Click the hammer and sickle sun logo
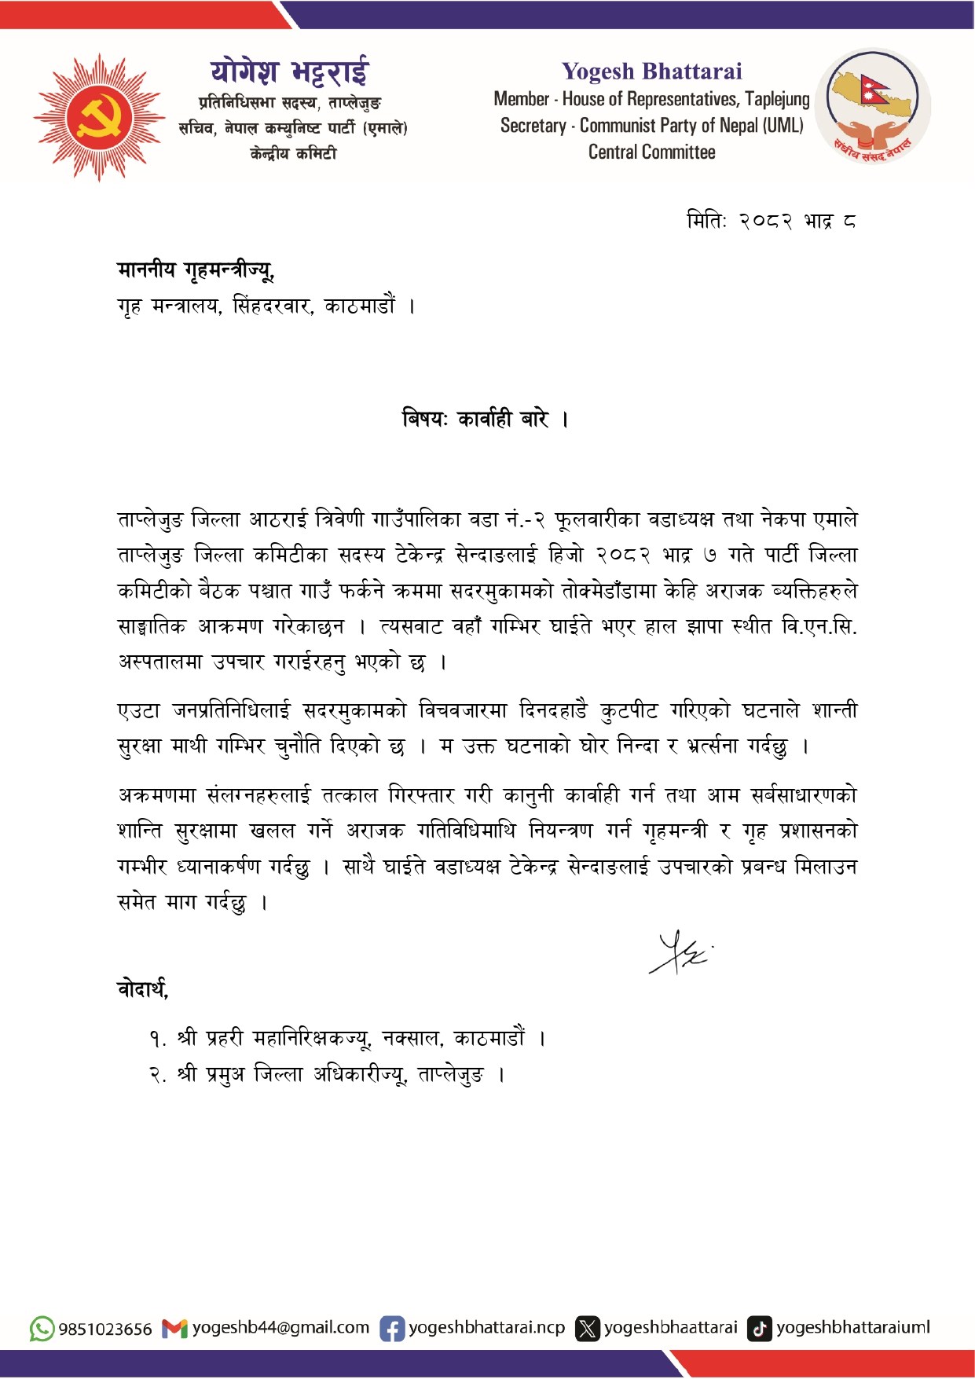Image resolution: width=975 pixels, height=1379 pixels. [99, 117]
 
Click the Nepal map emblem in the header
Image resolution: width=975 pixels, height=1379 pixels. [872, 106]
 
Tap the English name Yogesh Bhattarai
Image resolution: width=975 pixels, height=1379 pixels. [651, 72]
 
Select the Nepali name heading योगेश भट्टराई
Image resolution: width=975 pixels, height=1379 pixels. [289, 72]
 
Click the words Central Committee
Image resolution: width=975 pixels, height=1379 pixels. [651, 152]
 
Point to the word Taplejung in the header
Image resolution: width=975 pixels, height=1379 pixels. [777, 100]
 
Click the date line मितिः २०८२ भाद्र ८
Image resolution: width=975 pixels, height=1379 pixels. [771, 221]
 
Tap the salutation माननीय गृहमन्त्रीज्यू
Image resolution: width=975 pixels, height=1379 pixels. [196, 270]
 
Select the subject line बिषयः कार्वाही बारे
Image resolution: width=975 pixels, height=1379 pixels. [485, 419]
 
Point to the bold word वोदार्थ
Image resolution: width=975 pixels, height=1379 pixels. [142, 988]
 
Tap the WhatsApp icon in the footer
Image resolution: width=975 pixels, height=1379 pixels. [42, 1329]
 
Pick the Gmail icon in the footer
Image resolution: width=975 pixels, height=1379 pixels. [174, 1329]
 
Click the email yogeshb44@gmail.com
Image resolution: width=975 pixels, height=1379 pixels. [280, 1328]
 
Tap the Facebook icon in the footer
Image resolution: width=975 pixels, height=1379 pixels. [392, 1329]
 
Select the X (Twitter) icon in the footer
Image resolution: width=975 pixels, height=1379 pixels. [587, 1329]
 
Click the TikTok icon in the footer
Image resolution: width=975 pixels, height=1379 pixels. [759, 1329]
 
